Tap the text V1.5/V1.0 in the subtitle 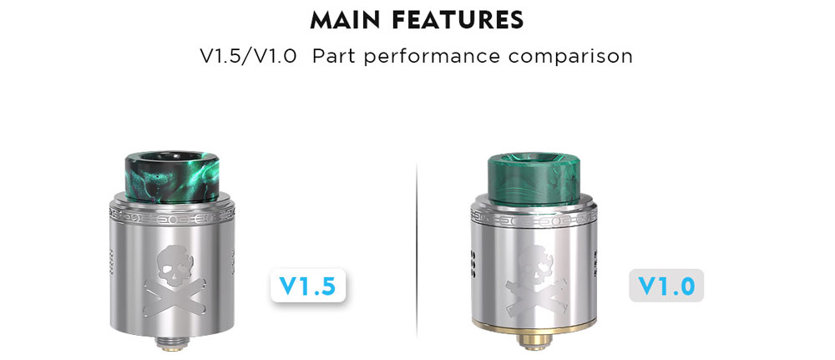pyautogui.click(x=248, y=56)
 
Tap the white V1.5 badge pyautogui.click(x=308, y=286)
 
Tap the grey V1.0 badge pyautogui.click(x=666, y=286)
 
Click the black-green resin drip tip pyautogui.click(x=172, y=178)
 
